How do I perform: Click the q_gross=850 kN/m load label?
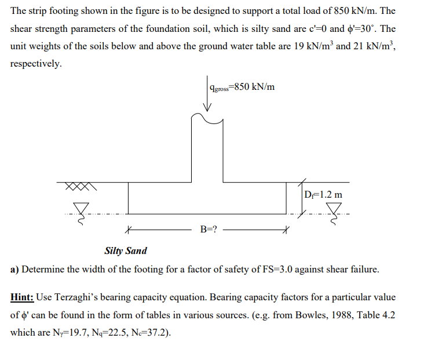pyautogui.click(x=243, y=88)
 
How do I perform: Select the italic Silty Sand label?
pyautogui.click(x=126, y=251)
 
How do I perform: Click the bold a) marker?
pyautogui.click(x=15, y=270)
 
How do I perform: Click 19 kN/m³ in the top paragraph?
pyautogui.click(x=311, y=45)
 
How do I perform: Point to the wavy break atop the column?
pyautogui.click(x=207, y=118)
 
